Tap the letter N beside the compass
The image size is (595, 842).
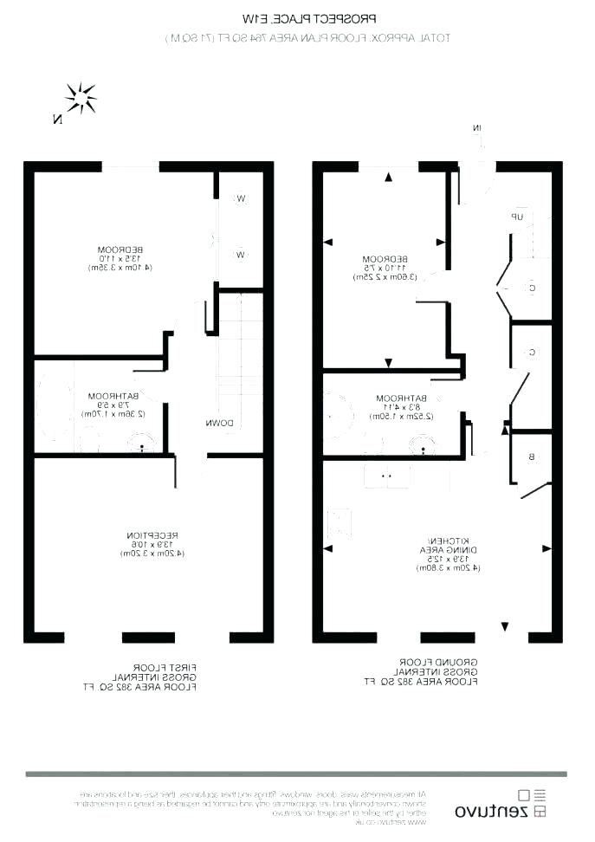57,120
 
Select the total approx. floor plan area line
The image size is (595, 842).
307,38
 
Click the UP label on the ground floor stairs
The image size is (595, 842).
517,217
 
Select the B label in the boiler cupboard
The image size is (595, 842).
531,457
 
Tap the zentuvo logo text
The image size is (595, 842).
492,812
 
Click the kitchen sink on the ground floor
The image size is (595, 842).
386,475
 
